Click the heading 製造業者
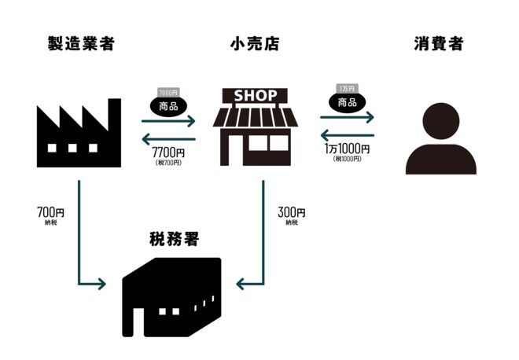(81, 44)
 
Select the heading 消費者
(438, 44)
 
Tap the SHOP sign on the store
(256, 96)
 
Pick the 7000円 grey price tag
(168, 92)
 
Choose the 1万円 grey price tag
(346, 89)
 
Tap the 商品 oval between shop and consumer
(347, 103)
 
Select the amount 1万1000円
(347, 148)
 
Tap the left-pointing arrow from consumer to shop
(347, 134)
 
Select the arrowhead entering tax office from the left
(101, 284)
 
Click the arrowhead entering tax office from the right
(241, 284)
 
